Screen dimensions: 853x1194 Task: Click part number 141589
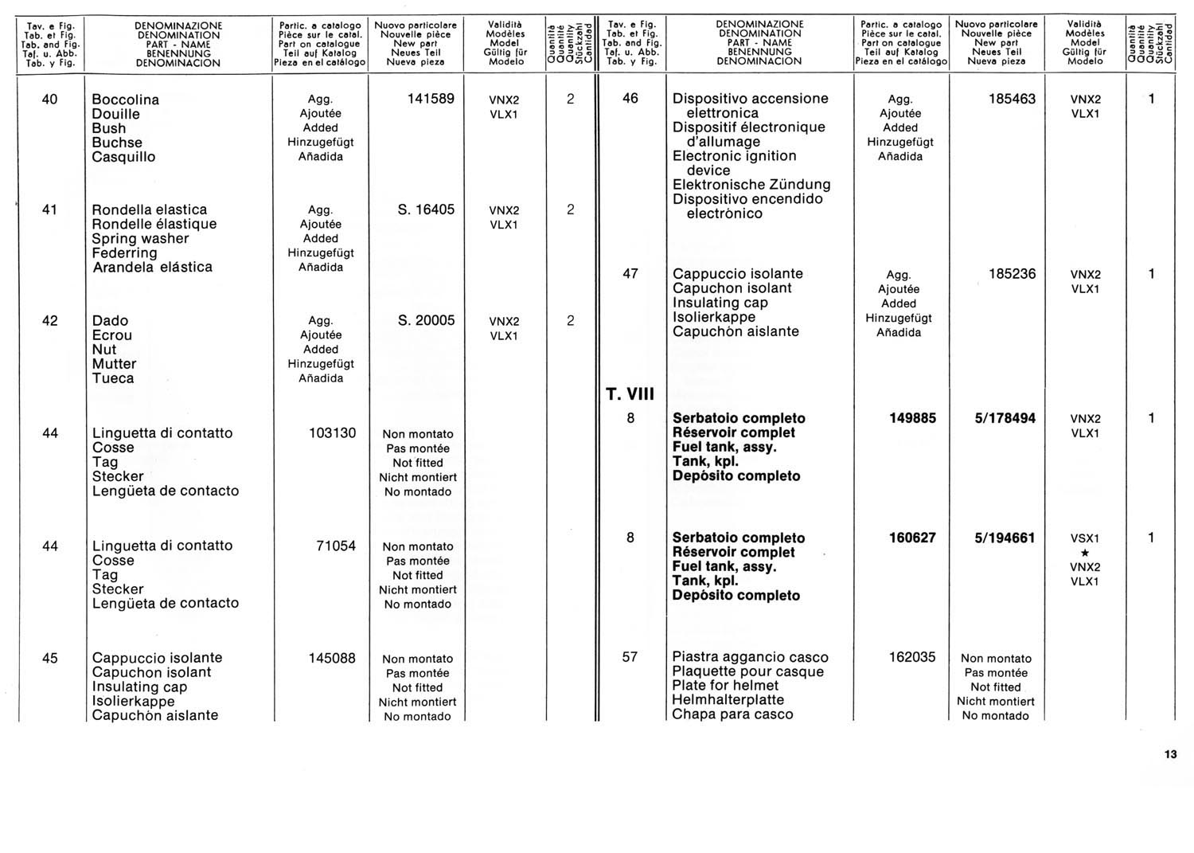430,99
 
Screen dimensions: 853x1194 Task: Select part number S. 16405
426,209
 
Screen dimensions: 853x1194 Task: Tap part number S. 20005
426,320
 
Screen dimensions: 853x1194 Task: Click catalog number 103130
332,432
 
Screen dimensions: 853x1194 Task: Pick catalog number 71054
336,546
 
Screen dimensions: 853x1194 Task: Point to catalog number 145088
332,658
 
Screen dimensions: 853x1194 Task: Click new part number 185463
1012,99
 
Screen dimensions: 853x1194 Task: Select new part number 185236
1012,273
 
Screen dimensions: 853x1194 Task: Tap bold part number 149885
912,418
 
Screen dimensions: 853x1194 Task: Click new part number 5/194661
1005,538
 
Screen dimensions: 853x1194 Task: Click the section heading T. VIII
630,394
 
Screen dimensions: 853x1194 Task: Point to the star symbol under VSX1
1085,553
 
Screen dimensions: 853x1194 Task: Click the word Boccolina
126,100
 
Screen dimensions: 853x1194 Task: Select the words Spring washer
140,238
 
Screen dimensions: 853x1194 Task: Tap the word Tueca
113,378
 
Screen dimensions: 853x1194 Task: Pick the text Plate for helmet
725,685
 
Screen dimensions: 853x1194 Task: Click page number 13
1169,754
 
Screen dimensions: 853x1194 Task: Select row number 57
630,657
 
